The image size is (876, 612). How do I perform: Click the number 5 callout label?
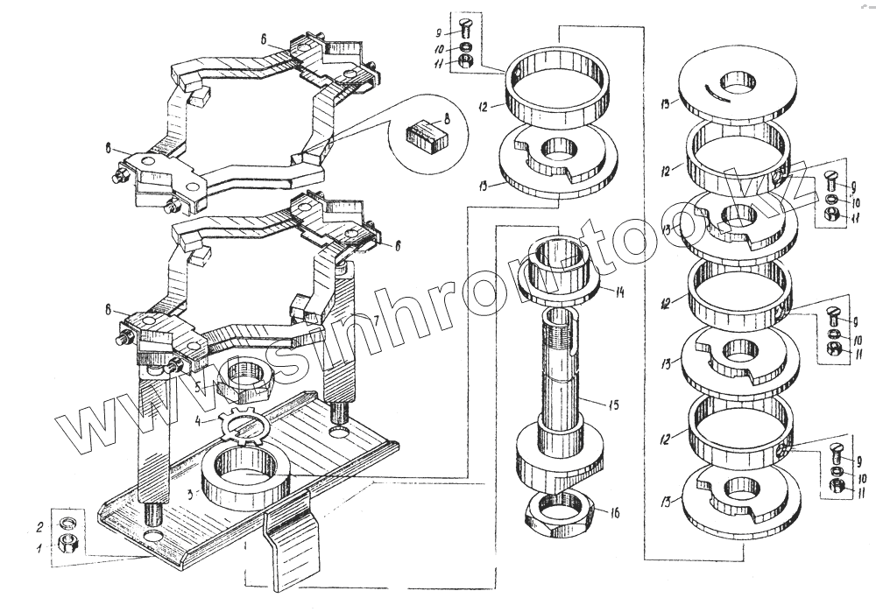tap(198, 383)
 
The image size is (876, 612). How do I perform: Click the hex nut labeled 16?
tap(561, 510)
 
